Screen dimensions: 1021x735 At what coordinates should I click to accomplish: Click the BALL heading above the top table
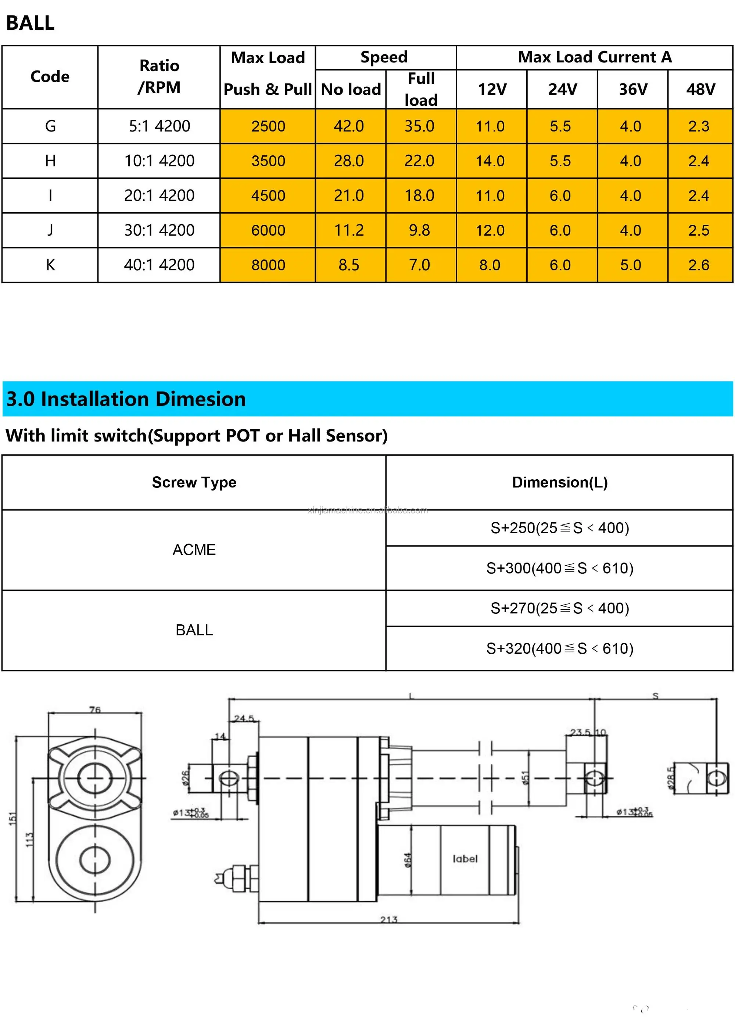30,23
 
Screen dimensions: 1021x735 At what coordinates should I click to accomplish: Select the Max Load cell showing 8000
268,265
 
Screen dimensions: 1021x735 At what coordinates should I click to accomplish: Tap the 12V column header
492,89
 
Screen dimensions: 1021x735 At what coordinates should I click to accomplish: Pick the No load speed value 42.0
349,126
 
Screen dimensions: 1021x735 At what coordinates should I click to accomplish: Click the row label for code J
50,230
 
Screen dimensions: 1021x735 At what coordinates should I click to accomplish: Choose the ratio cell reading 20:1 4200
159,195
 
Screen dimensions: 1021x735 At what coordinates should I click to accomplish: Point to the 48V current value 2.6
699,265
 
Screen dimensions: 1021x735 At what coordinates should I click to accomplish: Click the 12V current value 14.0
490,161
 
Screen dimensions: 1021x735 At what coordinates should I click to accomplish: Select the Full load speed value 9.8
419,230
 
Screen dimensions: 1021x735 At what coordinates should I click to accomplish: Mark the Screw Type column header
194,482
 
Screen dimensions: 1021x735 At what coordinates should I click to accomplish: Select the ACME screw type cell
194,550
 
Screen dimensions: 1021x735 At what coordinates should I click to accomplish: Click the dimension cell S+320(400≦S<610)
559,648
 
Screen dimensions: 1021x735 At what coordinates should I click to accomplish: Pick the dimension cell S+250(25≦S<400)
559,528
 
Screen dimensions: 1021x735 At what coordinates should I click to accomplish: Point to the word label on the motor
465,859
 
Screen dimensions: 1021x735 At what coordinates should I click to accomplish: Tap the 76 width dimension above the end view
94,710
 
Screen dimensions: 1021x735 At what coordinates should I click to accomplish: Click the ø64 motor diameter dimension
407,860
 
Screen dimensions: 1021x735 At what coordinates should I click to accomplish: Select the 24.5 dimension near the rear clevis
244,718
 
